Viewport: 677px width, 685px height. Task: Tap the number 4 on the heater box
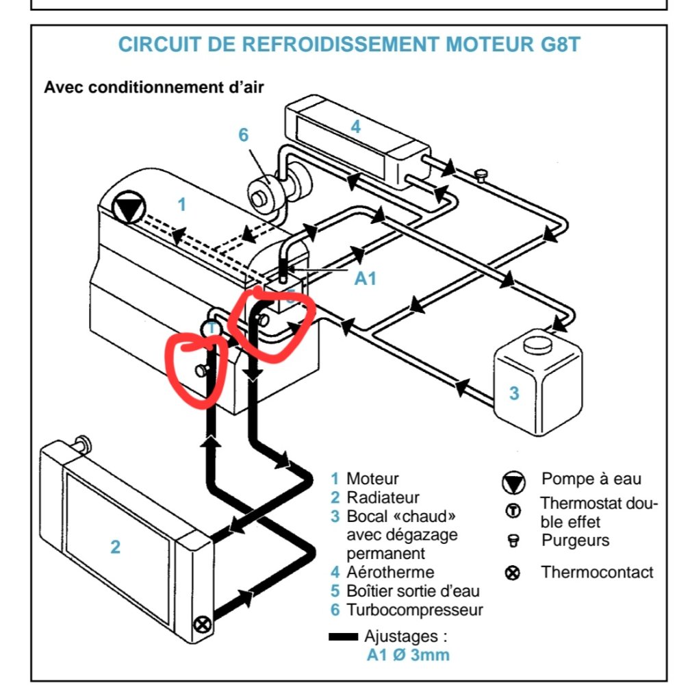[355, 127]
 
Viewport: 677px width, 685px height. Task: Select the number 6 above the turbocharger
[244, 135]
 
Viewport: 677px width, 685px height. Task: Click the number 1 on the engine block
[181, 204]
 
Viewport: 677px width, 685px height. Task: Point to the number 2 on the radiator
[115, 546]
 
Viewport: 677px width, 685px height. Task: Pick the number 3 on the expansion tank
[514, 393]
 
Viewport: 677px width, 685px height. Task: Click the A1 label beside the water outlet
[364, 278]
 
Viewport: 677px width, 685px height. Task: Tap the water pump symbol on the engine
[127, 208]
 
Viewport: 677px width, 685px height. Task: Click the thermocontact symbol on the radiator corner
[201, 624]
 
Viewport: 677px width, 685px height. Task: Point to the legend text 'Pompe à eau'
[591, 479]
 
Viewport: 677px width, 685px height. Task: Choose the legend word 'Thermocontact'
[597, 572]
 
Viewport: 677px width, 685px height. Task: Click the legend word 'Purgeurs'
[575, 540]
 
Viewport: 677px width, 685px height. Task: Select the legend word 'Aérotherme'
[391, 571]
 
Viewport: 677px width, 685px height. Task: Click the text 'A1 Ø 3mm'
[408, 656]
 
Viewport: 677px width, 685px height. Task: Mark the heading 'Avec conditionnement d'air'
[154, 87]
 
